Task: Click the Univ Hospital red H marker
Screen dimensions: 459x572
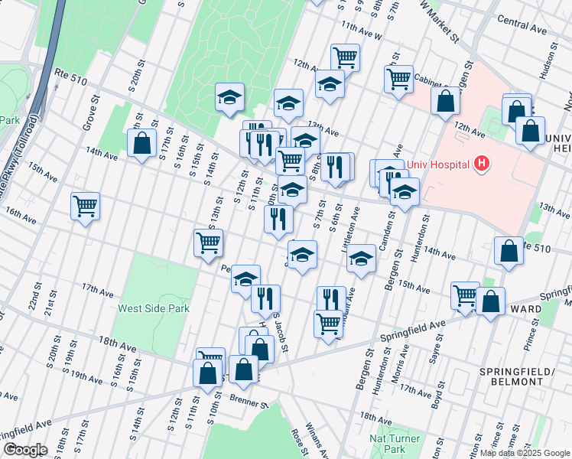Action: click(x=482, y=163)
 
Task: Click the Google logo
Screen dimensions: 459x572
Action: click(x=24, y=450)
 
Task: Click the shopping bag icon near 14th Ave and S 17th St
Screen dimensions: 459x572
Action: click(x=142, y=144)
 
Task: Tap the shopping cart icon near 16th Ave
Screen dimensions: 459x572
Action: click(x=86, y=206)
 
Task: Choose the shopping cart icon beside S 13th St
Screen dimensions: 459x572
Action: click(x=209, y=243)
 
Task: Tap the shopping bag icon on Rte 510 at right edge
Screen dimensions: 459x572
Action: click(x=509, y=252)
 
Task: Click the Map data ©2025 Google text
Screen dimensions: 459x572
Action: click(x=524, y=453)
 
